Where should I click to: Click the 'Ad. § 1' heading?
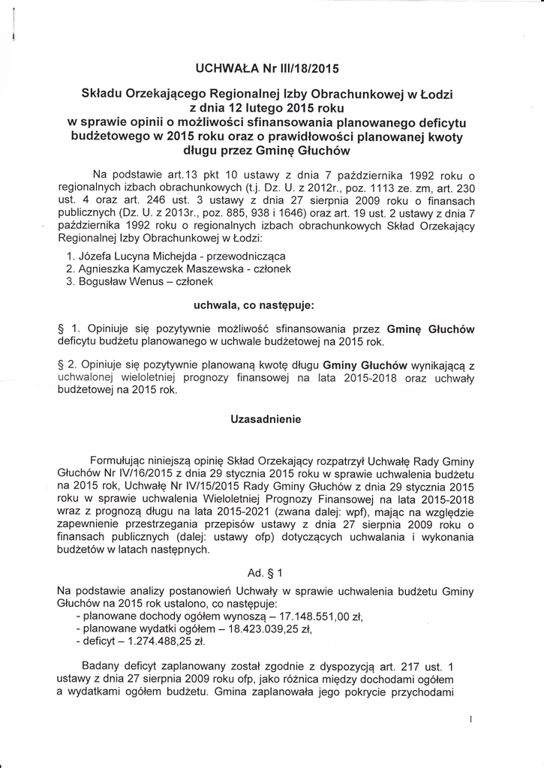tap(265, 573)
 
